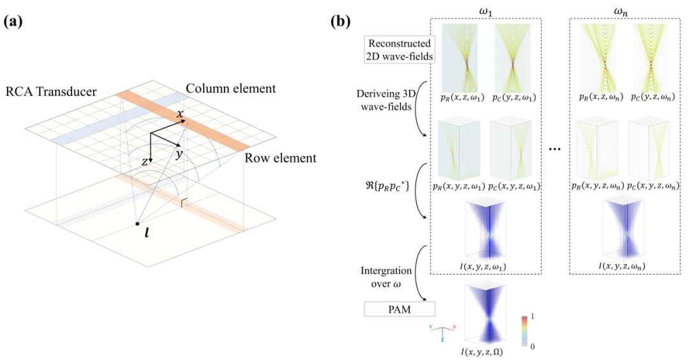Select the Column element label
coord(232,89)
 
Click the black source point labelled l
coord(137,224)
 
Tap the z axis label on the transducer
coord(145,161)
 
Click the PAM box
coord(400,310)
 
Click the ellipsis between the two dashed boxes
coord(555,149)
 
